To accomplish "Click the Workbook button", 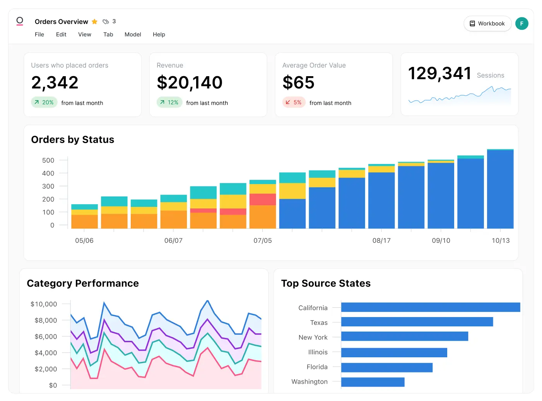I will click(x=487, y=24).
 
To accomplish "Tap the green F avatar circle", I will click(x=521, y=24).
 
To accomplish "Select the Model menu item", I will click(x=133, y=34).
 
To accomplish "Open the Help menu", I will click(x=159, y=34).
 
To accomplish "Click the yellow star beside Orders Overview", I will click(x=95, y=22).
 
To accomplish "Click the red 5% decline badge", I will click(x=294, y=102).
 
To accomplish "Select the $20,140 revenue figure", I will click(x=190, y=82).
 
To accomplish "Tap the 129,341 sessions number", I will click(x=439, y=73).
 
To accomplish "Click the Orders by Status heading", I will click(x=73, y=140).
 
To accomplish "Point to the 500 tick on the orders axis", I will click(x=48, y=160).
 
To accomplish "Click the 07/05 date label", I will click(x=263, y=241).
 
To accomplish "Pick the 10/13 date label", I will click(x=501, y=241).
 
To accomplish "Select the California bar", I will click(x=430, y=307).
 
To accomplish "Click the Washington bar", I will click(x=373, y=382).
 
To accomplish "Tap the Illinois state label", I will click(x=318, y=352).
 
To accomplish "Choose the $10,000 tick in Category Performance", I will click(x=44, y=304).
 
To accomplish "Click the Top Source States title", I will click(x=326, y=283).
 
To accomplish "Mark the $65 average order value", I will click(x=298, y=82).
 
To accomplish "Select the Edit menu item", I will click(x=61, y=34).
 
